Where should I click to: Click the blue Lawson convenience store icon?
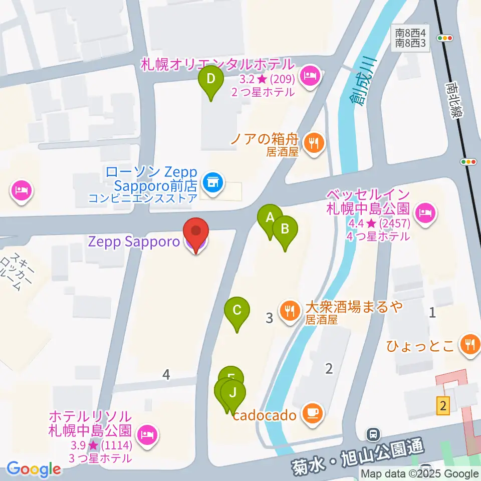(x=212, y=180)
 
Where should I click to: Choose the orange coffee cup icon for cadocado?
(x=314, y=414)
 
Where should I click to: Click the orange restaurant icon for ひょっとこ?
(x=470, y=345)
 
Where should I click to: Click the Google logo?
(x=34, y=469)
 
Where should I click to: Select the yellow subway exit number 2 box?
(x=442, y=405)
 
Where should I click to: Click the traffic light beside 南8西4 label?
(x=444, y=38)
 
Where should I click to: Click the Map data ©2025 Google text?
(x=420, y=473)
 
